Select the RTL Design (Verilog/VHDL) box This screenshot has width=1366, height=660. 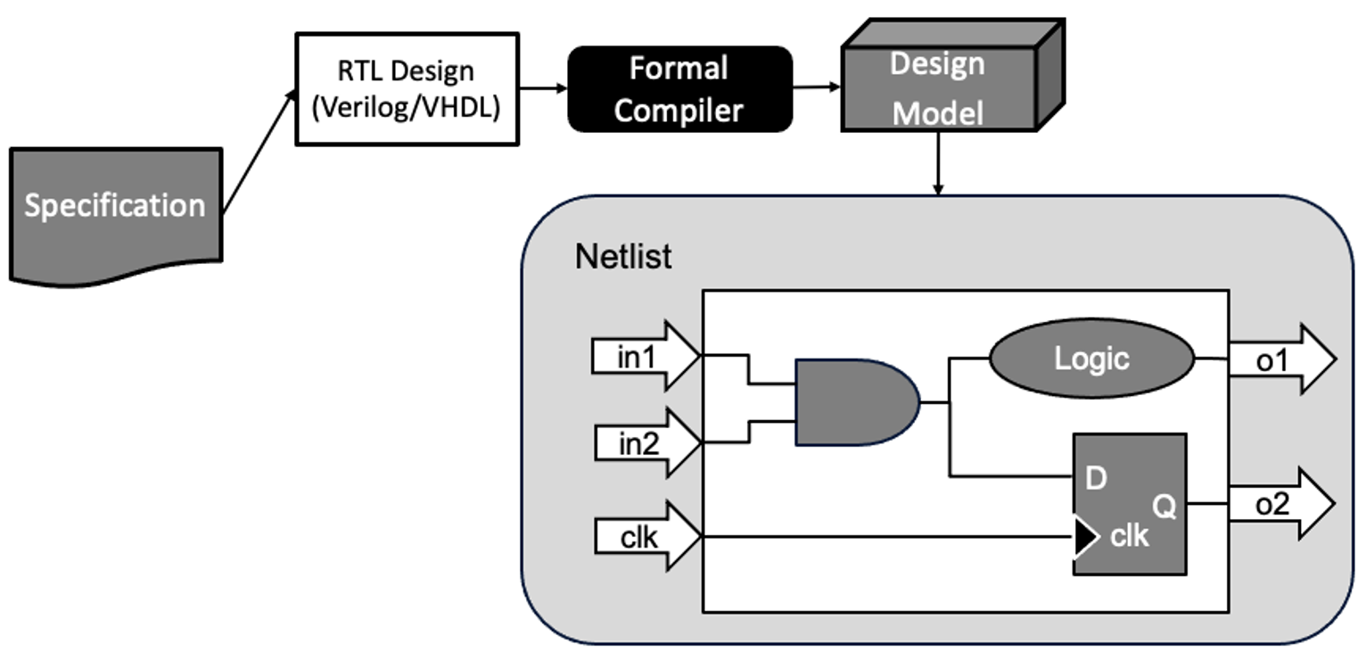(407, 89)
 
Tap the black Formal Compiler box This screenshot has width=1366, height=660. (679, 89)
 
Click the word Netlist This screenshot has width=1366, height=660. (623, 257)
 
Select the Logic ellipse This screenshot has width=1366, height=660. (1091, 359)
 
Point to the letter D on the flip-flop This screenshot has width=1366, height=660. (1097, 479)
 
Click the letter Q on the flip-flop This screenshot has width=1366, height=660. (1164, 507)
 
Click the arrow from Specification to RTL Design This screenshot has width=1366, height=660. (258, 153)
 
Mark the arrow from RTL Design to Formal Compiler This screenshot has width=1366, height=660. (543, 88)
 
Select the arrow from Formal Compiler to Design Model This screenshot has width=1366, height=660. (817, 87)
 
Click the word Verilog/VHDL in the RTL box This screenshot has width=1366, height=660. (407, 108)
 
